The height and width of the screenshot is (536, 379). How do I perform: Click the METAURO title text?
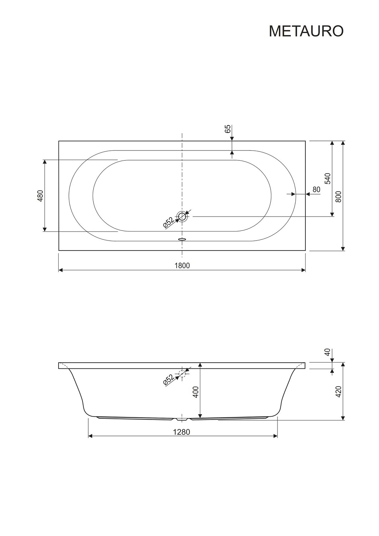[306, 31]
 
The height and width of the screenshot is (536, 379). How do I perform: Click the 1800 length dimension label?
[182, 265]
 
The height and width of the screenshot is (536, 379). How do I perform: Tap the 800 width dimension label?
[338, 197]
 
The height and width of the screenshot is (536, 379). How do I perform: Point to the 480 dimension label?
[40, 195]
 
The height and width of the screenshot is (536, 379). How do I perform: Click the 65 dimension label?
[228, 129]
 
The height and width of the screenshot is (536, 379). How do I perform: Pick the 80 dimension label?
[316, 189]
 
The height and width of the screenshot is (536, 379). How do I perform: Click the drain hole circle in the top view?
[182, 216]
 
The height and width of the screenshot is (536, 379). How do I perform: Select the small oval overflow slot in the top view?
[182, 239]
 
